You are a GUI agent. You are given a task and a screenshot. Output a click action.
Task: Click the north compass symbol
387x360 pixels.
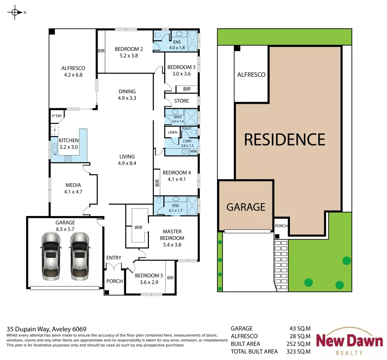[x=15, y=12]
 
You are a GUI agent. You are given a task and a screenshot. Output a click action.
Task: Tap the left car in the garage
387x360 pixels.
[x=51, y=256]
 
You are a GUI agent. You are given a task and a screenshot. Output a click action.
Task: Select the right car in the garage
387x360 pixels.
[x=79, y=256]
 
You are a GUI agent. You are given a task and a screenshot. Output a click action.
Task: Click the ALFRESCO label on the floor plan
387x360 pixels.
[x=73, y=68]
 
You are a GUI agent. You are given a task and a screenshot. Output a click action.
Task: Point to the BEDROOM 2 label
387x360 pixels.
[x=128, y=49]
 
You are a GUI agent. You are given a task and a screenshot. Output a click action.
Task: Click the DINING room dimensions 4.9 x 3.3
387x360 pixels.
[x=127, y=98]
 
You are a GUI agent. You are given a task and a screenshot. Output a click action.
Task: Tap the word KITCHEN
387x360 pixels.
[x=68, y=141]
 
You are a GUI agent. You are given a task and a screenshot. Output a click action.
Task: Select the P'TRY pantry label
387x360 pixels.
[x=57, y=116]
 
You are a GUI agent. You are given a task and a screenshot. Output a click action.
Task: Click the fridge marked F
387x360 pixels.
[x=55, y=130]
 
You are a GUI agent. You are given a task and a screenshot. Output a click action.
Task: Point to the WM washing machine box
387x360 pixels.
[x=193, y=151]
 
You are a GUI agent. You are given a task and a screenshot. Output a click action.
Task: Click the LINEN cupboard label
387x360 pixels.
[x=172, y=132]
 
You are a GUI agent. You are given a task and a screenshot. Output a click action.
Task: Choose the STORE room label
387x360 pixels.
[x=182, y=101]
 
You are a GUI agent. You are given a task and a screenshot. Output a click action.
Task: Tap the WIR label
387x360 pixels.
[x=138, y=227]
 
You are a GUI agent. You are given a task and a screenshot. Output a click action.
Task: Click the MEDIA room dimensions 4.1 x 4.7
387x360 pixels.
[x=73, y=192]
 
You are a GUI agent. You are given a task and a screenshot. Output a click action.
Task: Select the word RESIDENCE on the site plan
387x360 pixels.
[x=284, y=139]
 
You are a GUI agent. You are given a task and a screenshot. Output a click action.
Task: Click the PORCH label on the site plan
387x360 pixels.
[x=281, y=226]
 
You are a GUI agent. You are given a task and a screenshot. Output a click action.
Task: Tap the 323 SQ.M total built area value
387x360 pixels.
[x=298, y=351]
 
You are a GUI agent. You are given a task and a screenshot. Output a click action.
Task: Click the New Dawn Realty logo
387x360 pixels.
[x=349, y=341]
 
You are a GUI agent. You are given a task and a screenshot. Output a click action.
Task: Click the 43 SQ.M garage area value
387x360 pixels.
[x=300, y=328]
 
